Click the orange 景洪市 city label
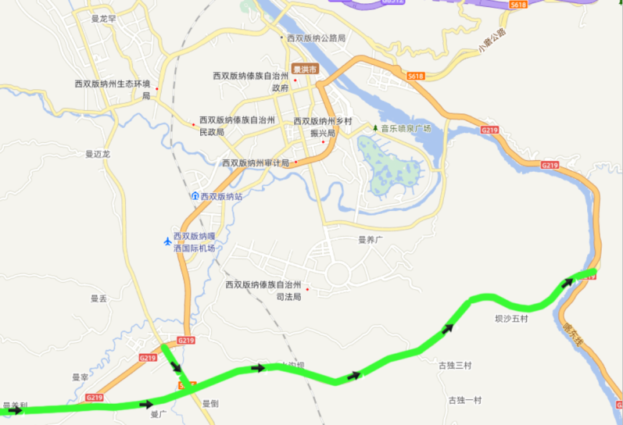[x=305, y=70]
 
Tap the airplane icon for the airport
[x=166, y=241]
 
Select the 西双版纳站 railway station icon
[x=195, y=196]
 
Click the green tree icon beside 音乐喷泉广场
[x=375, y=128]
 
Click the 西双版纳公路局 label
[x=317, y=37]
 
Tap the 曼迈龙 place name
[x=98, y=154]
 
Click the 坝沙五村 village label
[x=512, y=319]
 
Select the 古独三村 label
[x=455, y=365]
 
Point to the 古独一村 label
[x=464, y=400]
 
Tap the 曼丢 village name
[x=98, y=298]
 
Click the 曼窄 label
[x=80, y=377]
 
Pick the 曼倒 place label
[x=210, y=403]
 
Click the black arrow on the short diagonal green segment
[x=176, y=367]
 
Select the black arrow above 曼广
[x=146, y=404]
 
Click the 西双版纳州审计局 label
[x=256, y=162]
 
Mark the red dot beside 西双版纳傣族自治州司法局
[x=307, y=290]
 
